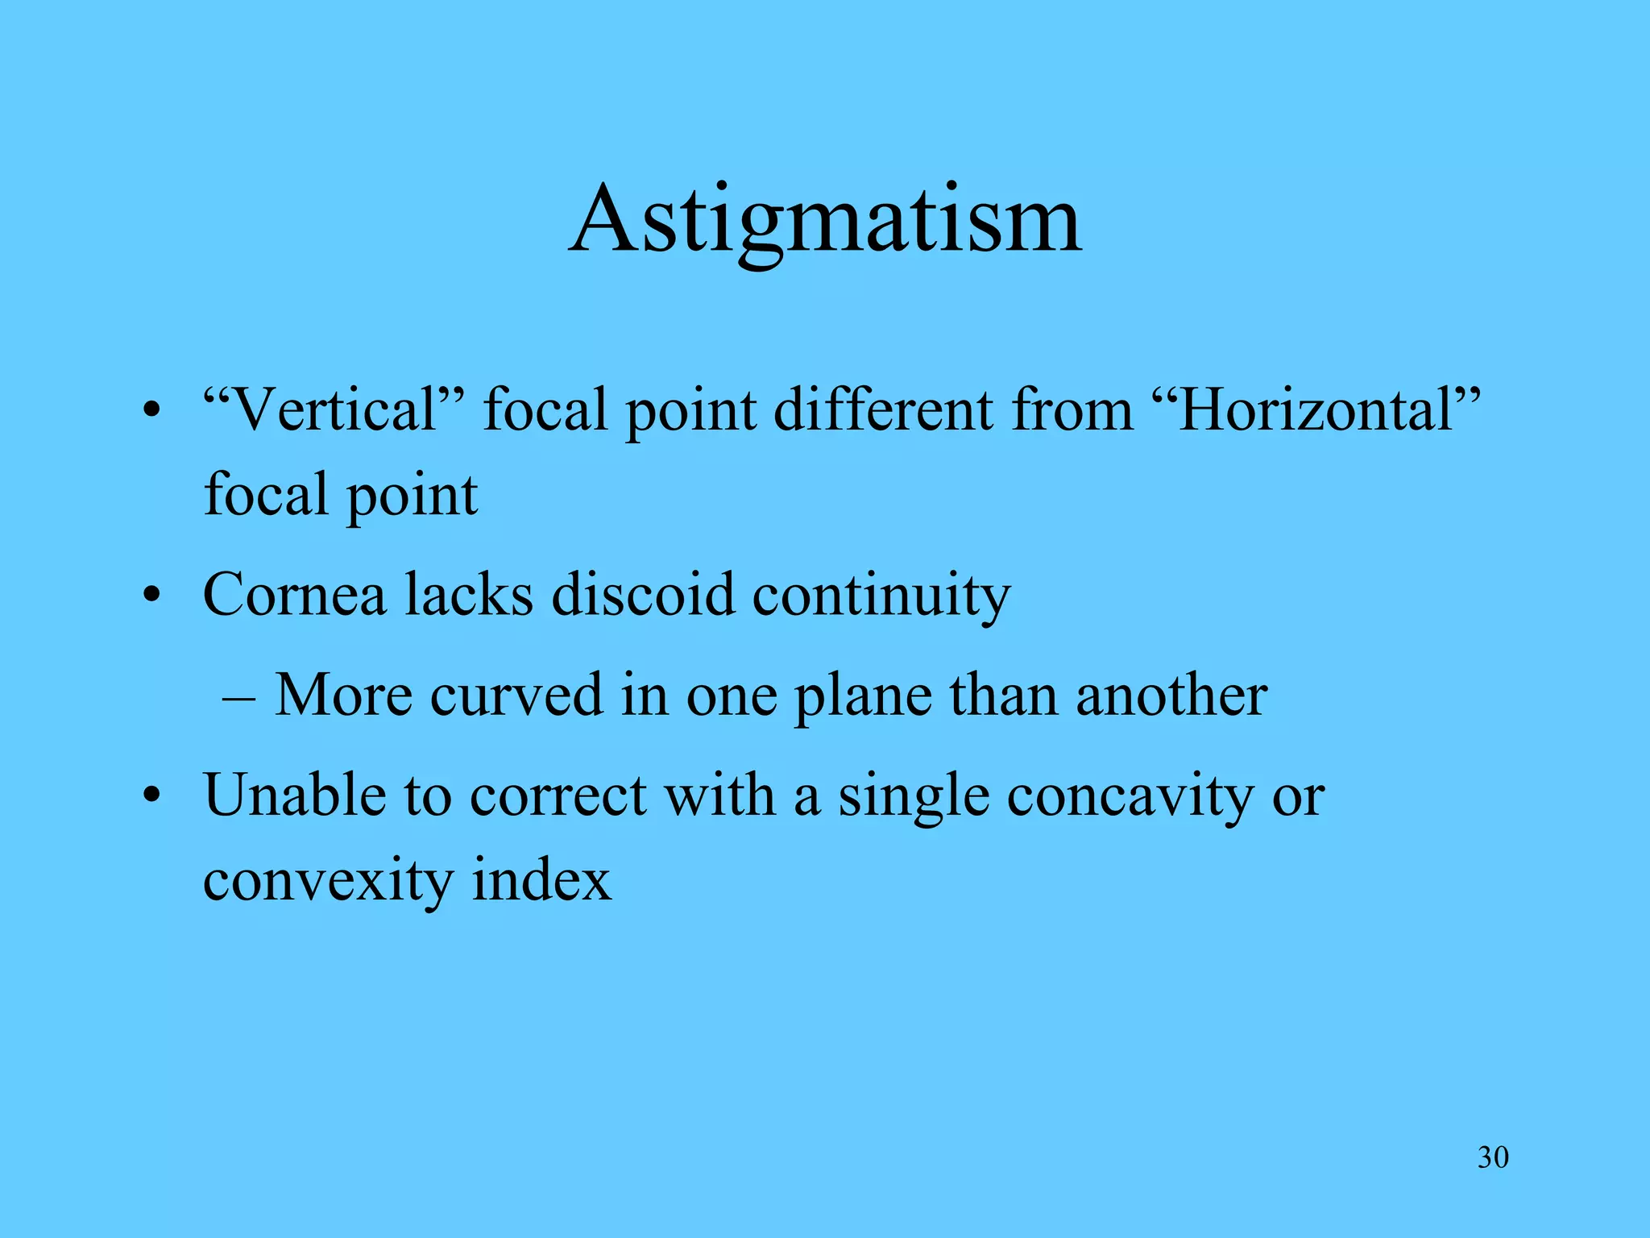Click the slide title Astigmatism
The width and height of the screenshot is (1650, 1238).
[x=825, y=219]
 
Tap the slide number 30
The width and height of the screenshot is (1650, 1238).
[x=1492, y=1157]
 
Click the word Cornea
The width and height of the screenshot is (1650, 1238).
[x=295, y=595]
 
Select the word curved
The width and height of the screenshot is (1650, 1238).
[x=516, y=695]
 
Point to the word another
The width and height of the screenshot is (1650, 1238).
[x=1171, y=695]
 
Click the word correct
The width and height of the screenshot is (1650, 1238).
[x=558, y=796]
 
